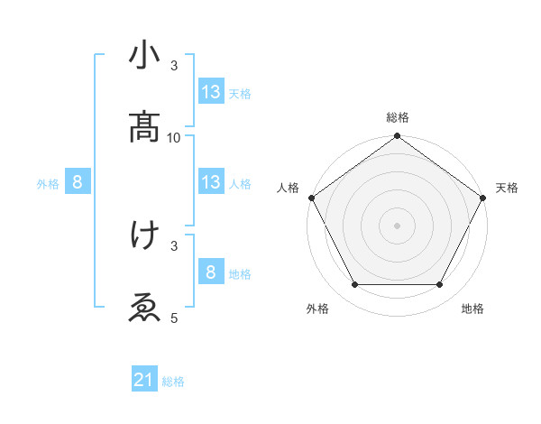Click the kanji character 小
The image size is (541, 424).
click(x=144, y=56)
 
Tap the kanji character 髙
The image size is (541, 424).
click(x=144, y=127)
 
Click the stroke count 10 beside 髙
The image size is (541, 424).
click(x=174, y=137)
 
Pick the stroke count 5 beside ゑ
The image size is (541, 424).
click(x=174, y=318)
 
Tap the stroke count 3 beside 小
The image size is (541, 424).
click(x=174, y=66)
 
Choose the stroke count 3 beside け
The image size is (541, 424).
click(x=174, y=244)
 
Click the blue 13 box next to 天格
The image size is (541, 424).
click(x=211, y=92)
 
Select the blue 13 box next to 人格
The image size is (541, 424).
click(x=211, y=182)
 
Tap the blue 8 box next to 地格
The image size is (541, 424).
click(x=211, y=272)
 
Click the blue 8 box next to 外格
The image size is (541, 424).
click(x=78, y=182)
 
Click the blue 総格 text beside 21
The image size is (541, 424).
click(x=173, y=382)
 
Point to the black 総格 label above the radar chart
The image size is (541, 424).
click(x=398, y=117)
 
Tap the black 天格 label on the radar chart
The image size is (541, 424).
click(x=508, y=188)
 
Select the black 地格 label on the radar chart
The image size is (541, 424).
click(x=472, y=309)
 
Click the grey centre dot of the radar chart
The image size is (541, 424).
click(x=398, y=225)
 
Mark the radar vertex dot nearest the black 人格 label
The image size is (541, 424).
click(x=312, y=198)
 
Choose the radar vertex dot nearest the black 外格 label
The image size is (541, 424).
click(x=354, y=285)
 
